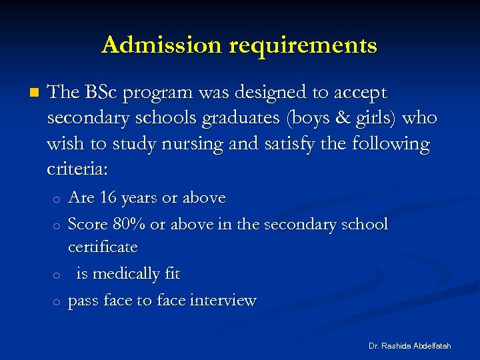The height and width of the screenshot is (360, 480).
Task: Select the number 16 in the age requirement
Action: [108, 198]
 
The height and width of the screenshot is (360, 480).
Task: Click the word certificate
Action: [103, 247]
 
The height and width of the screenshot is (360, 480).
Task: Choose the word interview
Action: [223, 301]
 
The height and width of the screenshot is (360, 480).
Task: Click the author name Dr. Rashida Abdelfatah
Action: [409, 346]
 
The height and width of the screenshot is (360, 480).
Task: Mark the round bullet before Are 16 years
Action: [57, 199]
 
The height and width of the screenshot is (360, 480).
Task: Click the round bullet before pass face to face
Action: [57, 302]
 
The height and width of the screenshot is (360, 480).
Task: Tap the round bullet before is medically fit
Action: [57, 275]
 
